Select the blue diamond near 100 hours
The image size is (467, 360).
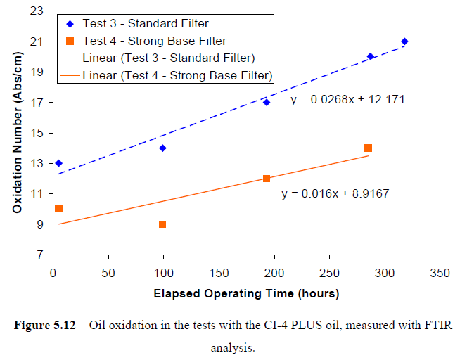(x=162, y=148)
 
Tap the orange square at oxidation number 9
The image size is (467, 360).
(x=162, y=224)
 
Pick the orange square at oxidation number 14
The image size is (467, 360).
(x=368, y=148)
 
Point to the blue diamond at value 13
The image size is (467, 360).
(x=58, y=163)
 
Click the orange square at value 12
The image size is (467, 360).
(x=267, y=179)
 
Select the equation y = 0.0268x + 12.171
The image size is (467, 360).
(x=347, y=100)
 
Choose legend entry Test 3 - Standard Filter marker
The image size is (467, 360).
(x=69, y=24)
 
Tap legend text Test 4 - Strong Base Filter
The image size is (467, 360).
(x=154, y=41)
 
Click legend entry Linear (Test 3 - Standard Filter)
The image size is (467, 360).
(x=168, y=57)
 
